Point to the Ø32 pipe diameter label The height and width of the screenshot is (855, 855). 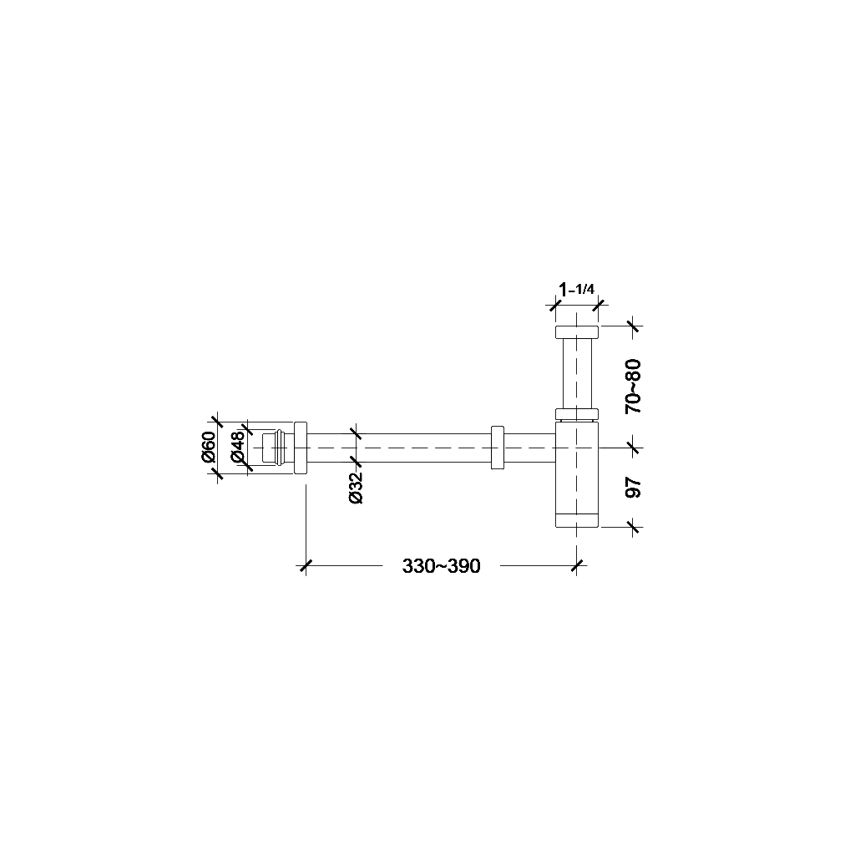pyautogui.click(x=357, y=487)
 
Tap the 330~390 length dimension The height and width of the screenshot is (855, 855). pyautogui.click(x=441, y=566)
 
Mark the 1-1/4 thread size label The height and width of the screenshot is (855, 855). pyautogui.click(x=576, y=290)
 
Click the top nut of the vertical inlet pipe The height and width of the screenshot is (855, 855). pyautogui.click(x=576, y=332)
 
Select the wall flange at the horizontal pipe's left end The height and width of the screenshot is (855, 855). pyautogui.click(x=301, y=448)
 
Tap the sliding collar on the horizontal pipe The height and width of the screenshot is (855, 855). pyautogui.click(x=498, y=448)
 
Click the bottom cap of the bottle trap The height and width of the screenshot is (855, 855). pyautogui.click(x=576, y=520)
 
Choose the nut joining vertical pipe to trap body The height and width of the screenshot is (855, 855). pyautogui.click(x=576, y=413)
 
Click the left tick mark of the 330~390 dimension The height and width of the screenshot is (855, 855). pyautogui.click(x=306, y=566)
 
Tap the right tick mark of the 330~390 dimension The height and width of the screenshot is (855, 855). pyautogui.click(x=577, y=566)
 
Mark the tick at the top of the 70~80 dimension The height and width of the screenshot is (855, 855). pyautogui.click(x=633, y=326)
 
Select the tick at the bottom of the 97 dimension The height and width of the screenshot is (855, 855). pyautogui.click(x=633, y=526)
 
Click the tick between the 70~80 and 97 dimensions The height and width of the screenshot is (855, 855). pyautogui.click(x=633, y=448)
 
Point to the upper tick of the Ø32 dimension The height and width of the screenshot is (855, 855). pyautogui.click(x=357, y=433)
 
